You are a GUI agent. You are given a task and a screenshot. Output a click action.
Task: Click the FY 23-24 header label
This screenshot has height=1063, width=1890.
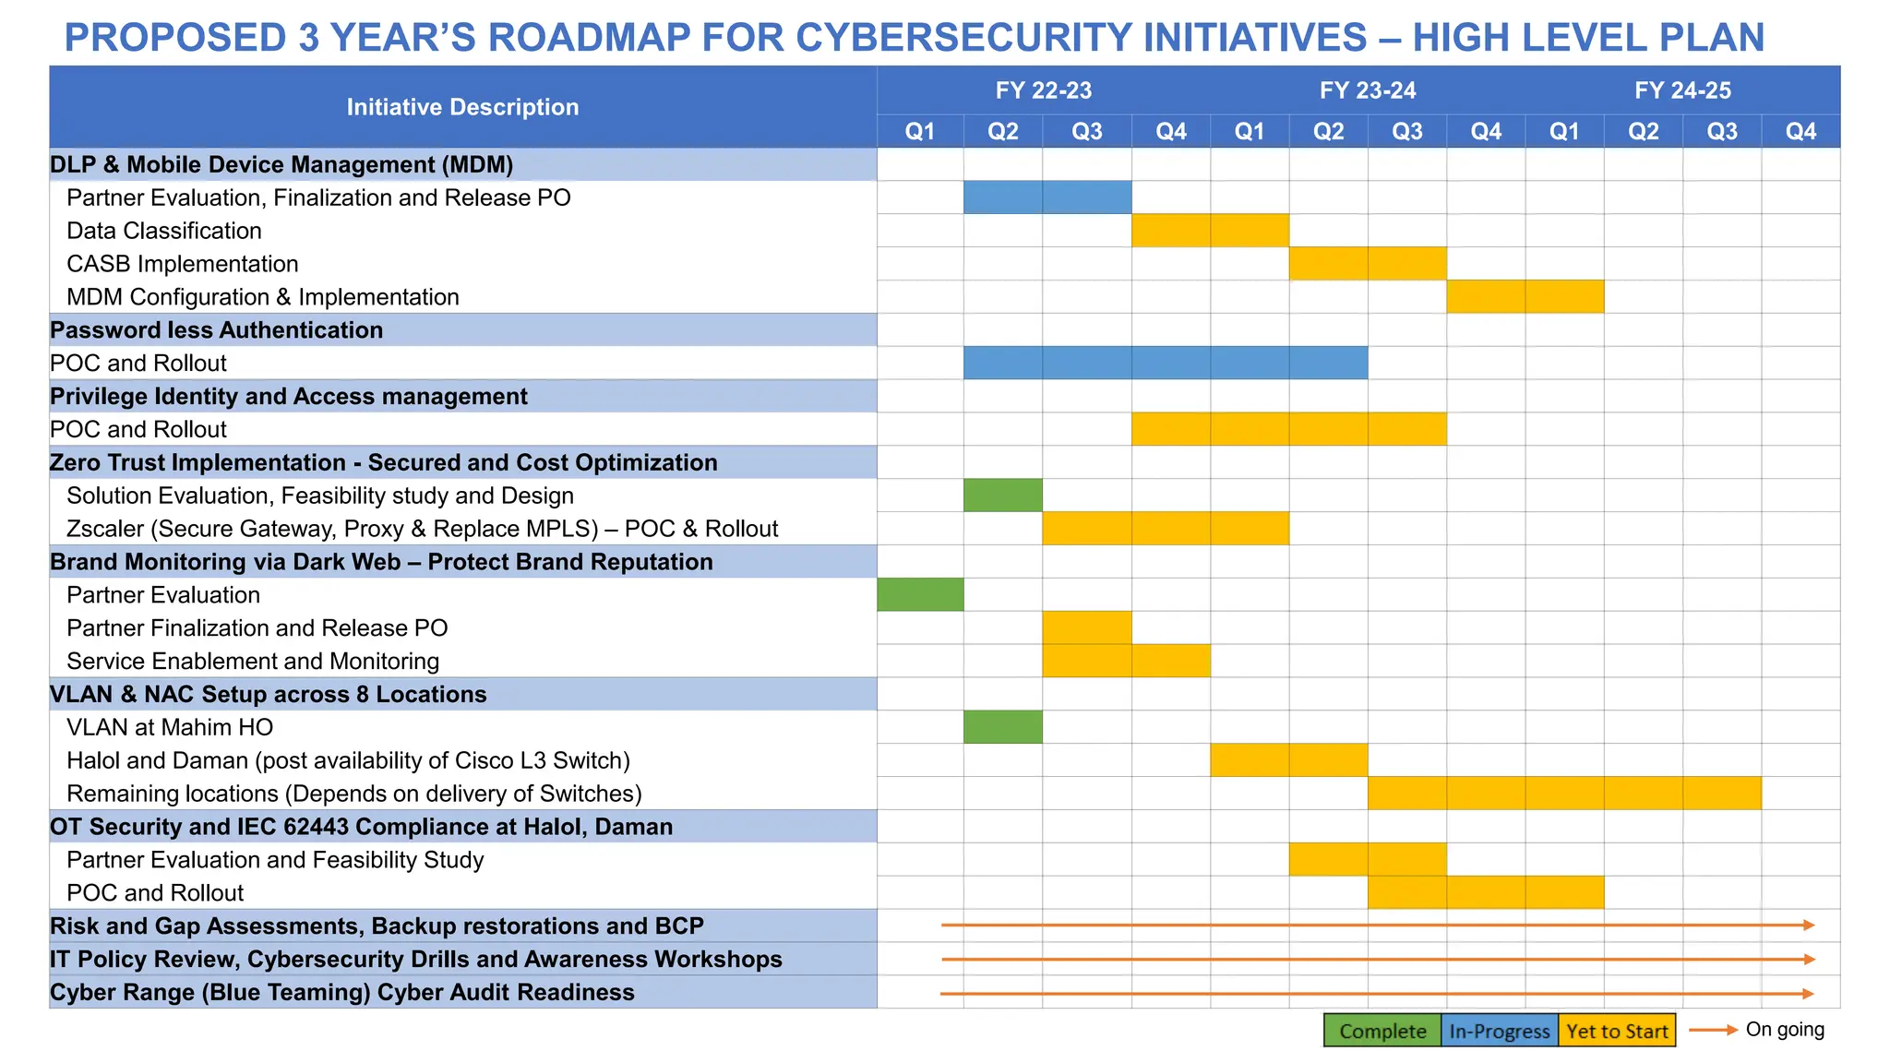[1367, 90]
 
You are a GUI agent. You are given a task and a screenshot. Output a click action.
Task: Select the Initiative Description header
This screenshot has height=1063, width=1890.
[462, 107]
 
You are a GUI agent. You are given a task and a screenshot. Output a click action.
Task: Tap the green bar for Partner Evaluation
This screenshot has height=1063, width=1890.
[920, 594]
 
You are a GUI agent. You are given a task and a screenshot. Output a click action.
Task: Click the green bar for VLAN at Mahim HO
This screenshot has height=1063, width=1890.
[1002, 727]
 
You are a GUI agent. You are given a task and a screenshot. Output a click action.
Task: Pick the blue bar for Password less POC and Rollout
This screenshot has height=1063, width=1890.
[1165, 363]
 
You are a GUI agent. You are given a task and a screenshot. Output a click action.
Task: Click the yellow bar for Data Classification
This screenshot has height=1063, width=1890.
[1210, 231]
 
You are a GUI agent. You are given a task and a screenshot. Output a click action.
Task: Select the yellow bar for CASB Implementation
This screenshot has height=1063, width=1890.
[1367, 264]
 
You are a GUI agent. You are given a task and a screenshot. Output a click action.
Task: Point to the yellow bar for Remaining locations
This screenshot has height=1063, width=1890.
[1563, 794]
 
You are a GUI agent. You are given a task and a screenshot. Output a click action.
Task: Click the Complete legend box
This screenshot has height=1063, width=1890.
[1382, 1031]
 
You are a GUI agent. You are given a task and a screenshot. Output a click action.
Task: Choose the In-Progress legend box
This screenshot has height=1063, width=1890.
[1499, 1031]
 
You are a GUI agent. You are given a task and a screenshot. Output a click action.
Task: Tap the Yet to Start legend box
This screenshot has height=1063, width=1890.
[1617, 1031]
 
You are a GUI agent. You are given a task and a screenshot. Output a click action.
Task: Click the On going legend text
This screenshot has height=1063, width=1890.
[1784, 1029]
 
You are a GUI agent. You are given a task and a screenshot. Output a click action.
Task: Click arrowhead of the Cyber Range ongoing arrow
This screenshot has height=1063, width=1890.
[1809, 994]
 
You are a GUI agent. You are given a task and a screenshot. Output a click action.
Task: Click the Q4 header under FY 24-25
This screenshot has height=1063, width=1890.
[1800, 131]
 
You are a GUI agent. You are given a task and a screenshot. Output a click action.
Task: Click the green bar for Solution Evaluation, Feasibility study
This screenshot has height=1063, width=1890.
[1002, 496]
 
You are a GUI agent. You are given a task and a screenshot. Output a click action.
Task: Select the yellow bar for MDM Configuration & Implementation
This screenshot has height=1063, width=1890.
[1525, 297]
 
